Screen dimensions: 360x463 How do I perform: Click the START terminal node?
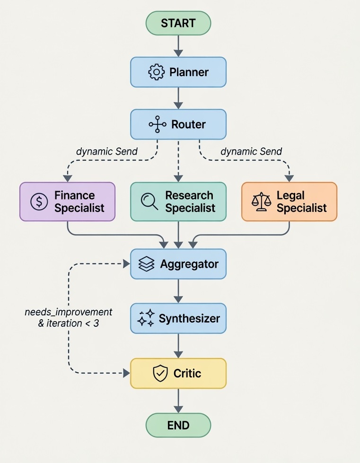(178, 23)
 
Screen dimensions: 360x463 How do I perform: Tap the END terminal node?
(178, 425)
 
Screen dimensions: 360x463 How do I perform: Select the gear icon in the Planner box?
(156, 72)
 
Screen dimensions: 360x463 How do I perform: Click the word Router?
(188, 124)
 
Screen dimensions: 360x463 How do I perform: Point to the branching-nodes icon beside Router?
(157, 124)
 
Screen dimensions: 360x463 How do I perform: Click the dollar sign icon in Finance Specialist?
(39, 201)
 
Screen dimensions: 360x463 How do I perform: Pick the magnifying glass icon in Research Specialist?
(149, 201)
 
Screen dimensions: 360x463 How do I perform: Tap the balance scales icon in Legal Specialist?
(261, 201)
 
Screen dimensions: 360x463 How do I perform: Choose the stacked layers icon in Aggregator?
(146, 264)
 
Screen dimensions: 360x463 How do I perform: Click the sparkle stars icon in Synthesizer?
(146, 318)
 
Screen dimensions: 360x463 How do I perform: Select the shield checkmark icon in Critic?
(160, 373)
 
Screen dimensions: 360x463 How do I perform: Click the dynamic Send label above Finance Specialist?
(106, 151)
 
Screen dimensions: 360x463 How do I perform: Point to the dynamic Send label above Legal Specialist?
(251, 151)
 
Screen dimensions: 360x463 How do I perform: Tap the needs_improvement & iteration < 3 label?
(68, 317)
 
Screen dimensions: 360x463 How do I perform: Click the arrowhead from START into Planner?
(178, 53)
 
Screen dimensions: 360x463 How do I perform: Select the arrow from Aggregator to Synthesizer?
(178, 291)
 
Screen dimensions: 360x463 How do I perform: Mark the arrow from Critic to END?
(178, 401)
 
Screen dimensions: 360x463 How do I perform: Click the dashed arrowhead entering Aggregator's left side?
(126, 264)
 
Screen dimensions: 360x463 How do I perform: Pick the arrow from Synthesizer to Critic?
(178, 346)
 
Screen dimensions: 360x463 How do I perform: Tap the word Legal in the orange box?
(290, 196)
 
